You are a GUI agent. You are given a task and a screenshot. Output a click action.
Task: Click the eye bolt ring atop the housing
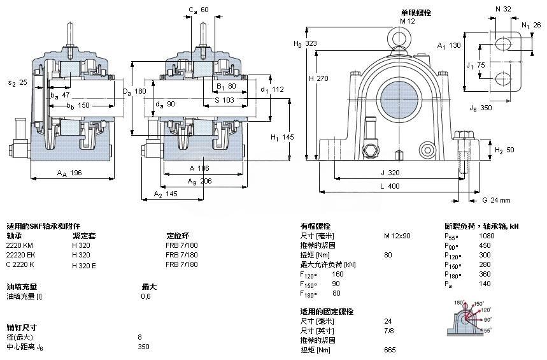[x=399, y=37]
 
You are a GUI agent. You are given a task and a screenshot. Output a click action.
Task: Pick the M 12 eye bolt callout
[x=407, y=21]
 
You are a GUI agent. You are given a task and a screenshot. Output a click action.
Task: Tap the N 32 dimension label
[x=503, y=9]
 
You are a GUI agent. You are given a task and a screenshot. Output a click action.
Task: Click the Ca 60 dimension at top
[x=199, y=10]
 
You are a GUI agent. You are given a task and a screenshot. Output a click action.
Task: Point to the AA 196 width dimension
[x=69, y=173]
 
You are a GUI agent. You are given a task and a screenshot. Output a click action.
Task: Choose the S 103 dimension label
[x=225, y=100]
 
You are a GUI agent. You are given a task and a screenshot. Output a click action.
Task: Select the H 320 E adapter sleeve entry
[x=84, y=264]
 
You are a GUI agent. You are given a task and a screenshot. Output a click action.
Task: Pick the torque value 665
[x=390, y=350]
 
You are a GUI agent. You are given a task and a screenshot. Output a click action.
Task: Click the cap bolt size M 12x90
[x=397, y=235]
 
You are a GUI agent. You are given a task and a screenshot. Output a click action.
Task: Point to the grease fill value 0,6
[x=145, y=296]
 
